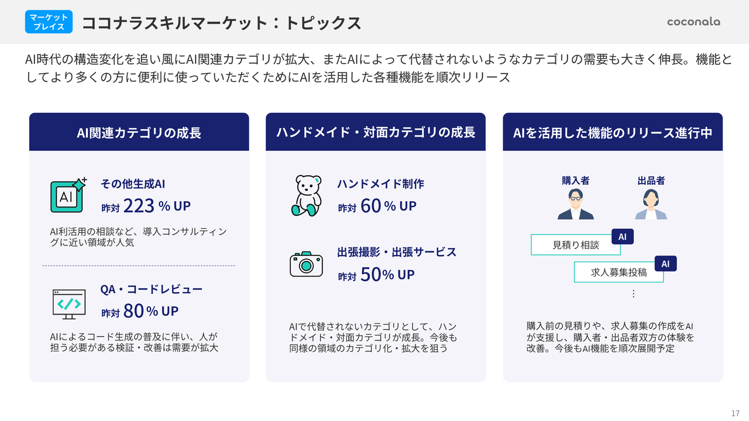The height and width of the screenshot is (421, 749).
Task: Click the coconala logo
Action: coord(693,22)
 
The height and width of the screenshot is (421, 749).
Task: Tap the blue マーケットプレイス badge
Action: coord(49,22)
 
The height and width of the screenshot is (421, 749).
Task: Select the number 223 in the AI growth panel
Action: coord(139,205)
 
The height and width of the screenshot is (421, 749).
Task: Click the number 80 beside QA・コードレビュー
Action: coord(133,310)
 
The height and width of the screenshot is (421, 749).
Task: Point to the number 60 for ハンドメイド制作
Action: coord(371,205)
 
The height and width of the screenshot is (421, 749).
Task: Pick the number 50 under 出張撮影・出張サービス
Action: coord(370,274)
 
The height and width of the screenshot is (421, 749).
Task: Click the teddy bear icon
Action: coord(307,195)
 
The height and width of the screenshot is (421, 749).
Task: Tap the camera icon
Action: coord(306,264)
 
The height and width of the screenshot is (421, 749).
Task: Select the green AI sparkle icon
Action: coord(68,195)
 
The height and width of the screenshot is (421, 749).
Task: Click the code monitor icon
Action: coord(69,304)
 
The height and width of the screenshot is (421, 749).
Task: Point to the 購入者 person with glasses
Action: coord(575,204)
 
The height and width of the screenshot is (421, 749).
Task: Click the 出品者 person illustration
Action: coord(651,204)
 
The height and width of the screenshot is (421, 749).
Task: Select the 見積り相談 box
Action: coord(575,245)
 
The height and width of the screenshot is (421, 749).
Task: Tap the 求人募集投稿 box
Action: coord(619,272)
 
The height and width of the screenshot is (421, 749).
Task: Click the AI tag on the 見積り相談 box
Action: coord(622,237)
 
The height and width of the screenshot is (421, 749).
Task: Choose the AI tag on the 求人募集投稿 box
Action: coord(665,264)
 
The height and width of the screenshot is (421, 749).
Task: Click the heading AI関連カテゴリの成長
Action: coord(139,133)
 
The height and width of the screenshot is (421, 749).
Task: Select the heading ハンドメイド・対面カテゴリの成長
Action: coord(376,132)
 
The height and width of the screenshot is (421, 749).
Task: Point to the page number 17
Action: coord(736,413)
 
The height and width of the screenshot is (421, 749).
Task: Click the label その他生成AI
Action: coord(133,184)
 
